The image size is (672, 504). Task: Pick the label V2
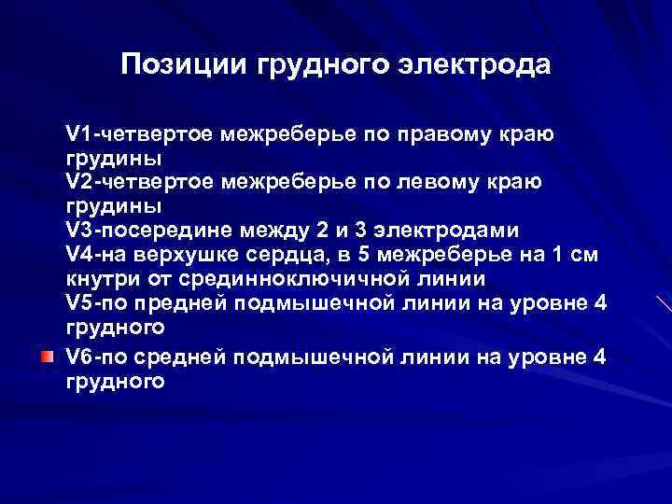click(x=78, y=181)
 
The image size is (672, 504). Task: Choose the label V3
click(x=78, y=230)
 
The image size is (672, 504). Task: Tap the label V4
click(x=78, y=255)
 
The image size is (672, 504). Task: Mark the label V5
click(x=78, y=303)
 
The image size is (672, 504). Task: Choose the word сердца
click(x=279, y=255)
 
